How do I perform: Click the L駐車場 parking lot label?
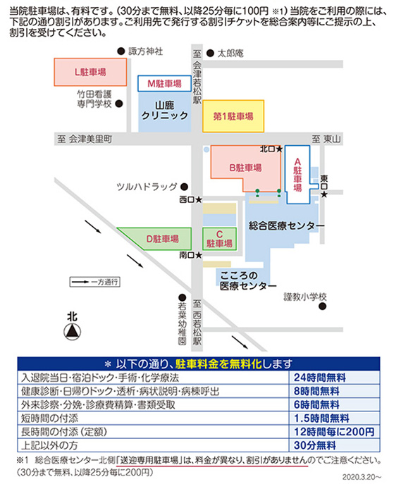coord(90,73)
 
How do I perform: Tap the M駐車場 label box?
coord(164,83)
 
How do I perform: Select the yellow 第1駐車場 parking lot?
coord(233,116)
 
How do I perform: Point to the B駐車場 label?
coord(245,168)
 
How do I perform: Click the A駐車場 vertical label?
coord(297,175)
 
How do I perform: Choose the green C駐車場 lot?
coord(219,239)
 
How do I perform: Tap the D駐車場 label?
coord(162,239)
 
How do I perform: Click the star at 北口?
coord(279,149)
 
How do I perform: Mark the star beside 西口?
coord(199,200)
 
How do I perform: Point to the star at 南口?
coord(199,255)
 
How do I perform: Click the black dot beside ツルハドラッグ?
coord(185,187)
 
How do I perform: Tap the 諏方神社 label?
coord(145,51)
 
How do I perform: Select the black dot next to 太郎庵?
coord(210,54)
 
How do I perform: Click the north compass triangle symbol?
coord(73,332)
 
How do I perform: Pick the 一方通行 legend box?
coord(94,282)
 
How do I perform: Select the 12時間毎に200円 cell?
coord(334,432)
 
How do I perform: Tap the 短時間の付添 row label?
coord(50,418)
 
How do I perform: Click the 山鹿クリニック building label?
coord(164,110)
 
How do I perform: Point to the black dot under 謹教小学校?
coord(323,306)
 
